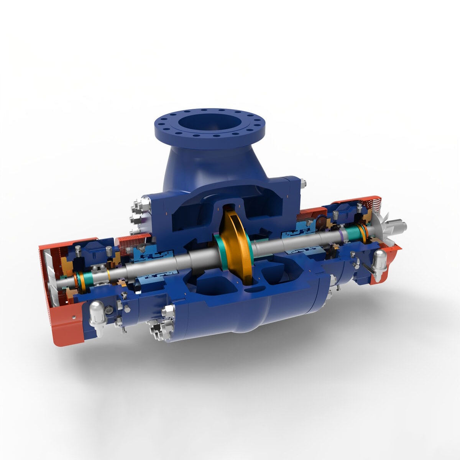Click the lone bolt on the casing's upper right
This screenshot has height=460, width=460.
(303, 184)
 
